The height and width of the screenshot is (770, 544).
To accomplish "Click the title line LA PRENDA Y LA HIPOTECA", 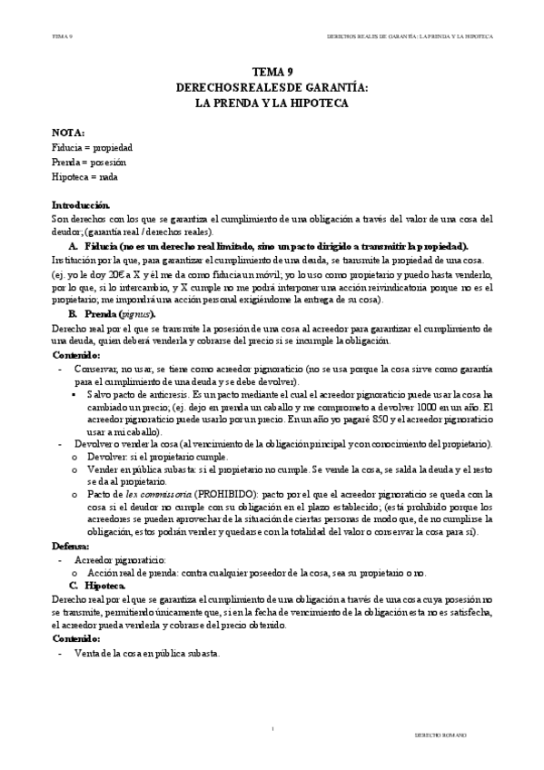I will tap(272, 104).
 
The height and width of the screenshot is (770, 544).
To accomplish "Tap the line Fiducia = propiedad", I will tap(93, 147).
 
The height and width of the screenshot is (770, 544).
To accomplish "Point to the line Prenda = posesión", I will tap(89, 162).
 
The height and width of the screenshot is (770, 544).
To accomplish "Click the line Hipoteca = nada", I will tap(84, 176).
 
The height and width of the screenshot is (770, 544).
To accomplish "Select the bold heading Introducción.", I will tap(81, 205).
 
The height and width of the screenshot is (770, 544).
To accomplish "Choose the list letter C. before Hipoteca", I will tap(73, 587).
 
